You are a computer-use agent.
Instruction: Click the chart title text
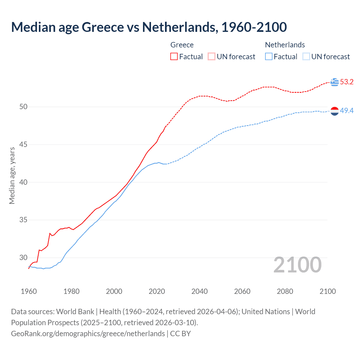tap(149, 27)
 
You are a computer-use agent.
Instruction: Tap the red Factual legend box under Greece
tap(174, 57)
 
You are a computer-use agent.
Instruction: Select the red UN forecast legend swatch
tap(212, 57)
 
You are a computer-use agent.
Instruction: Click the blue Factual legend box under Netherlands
tap(269, 57)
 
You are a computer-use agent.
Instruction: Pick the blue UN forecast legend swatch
tap(306, 57)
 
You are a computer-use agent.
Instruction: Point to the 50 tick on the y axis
tap(23, 107)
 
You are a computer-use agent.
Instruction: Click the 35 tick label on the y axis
tap(23, 220)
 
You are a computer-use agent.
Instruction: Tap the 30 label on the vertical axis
tap(23, 258)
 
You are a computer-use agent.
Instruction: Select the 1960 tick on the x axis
tap(29, 291)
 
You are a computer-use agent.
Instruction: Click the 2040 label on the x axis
tap(199, 291)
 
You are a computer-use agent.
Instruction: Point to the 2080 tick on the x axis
tap(285, 291)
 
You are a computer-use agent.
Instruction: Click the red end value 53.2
tap(347, 82)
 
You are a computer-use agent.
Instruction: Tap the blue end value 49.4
tap(347, 111)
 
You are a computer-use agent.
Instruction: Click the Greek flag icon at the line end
tap(334, 82)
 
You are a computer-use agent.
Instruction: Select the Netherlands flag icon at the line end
tap(334, 111)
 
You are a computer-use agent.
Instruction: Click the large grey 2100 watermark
tap(297, 265)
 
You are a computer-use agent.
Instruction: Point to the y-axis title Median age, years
tap(12, 175)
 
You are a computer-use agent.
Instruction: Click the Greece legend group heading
tap(182, 45)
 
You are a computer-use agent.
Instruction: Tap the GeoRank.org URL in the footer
tap(88, 334)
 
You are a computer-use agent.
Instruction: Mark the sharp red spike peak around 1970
tap(50, 233)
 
